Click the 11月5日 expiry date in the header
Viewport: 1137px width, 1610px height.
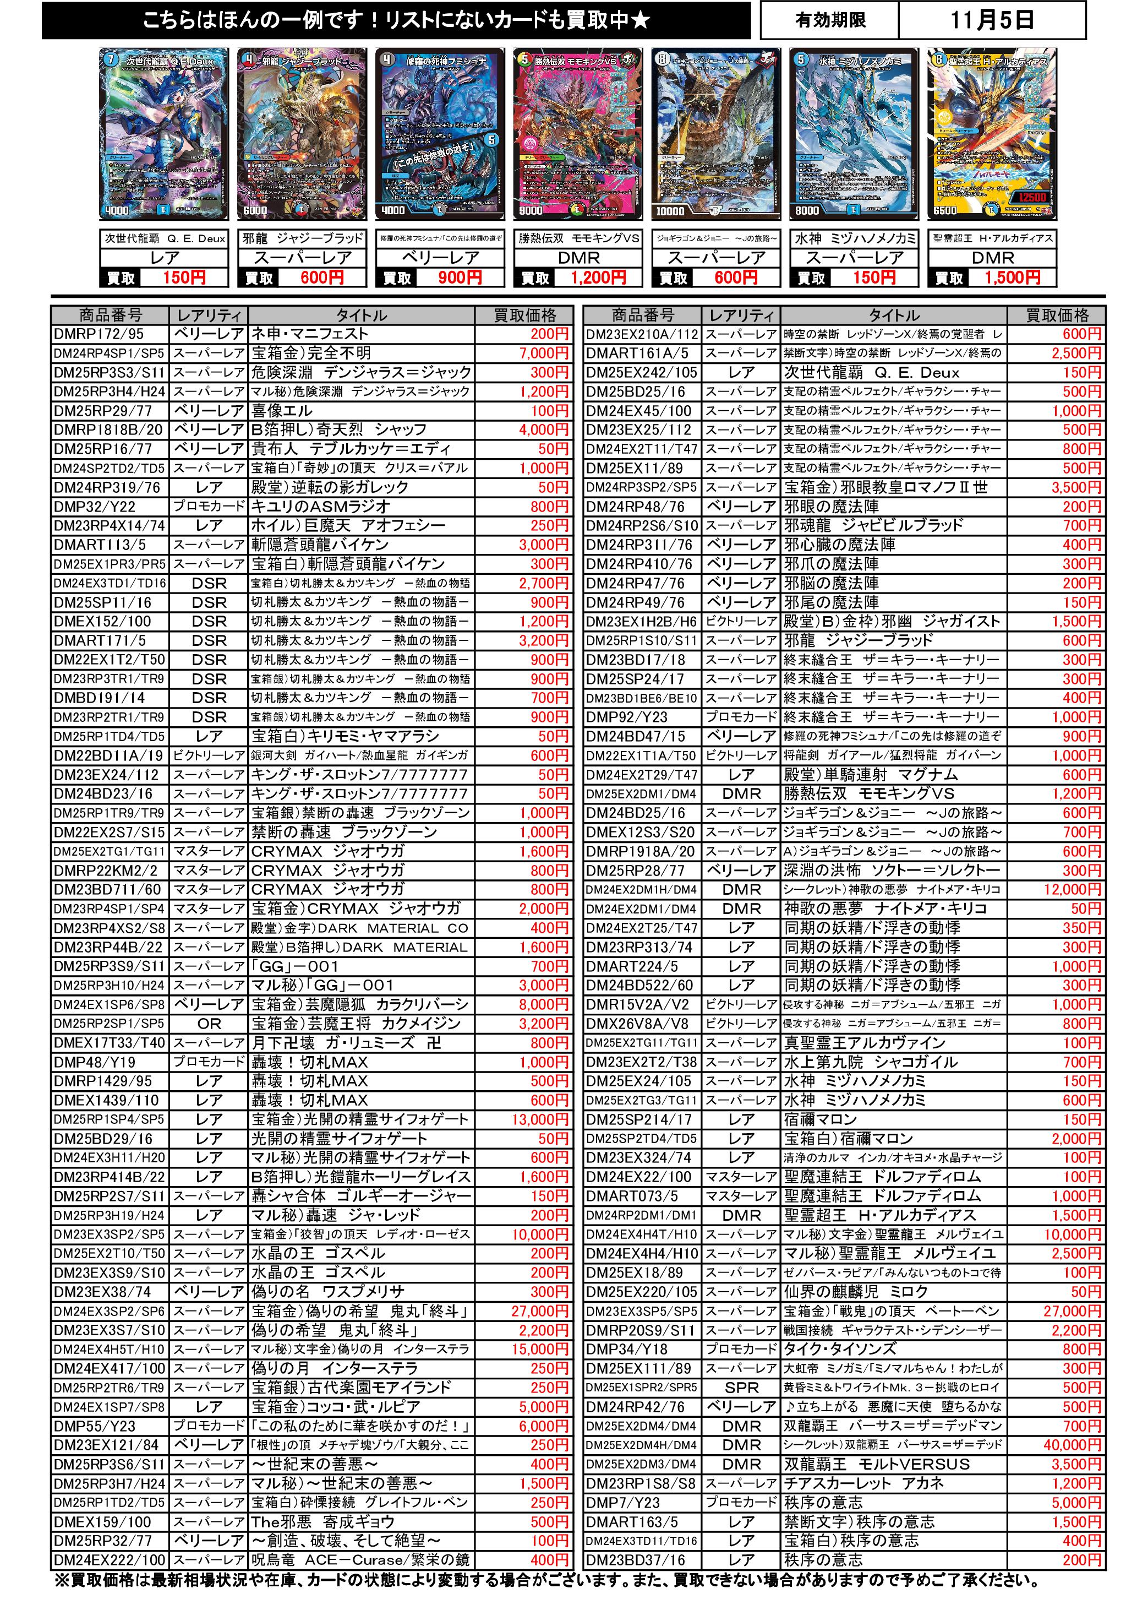(x=992, y=20)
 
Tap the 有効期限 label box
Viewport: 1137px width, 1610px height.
(x=830, y=20)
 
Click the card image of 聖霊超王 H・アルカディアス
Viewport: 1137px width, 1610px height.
(x=992, y=135)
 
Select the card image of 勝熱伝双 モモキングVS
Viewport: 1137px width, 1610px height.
(x=578, y=135)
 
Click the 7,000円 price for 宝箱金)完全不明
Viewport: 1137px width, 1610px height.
(x=543, y=353)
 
